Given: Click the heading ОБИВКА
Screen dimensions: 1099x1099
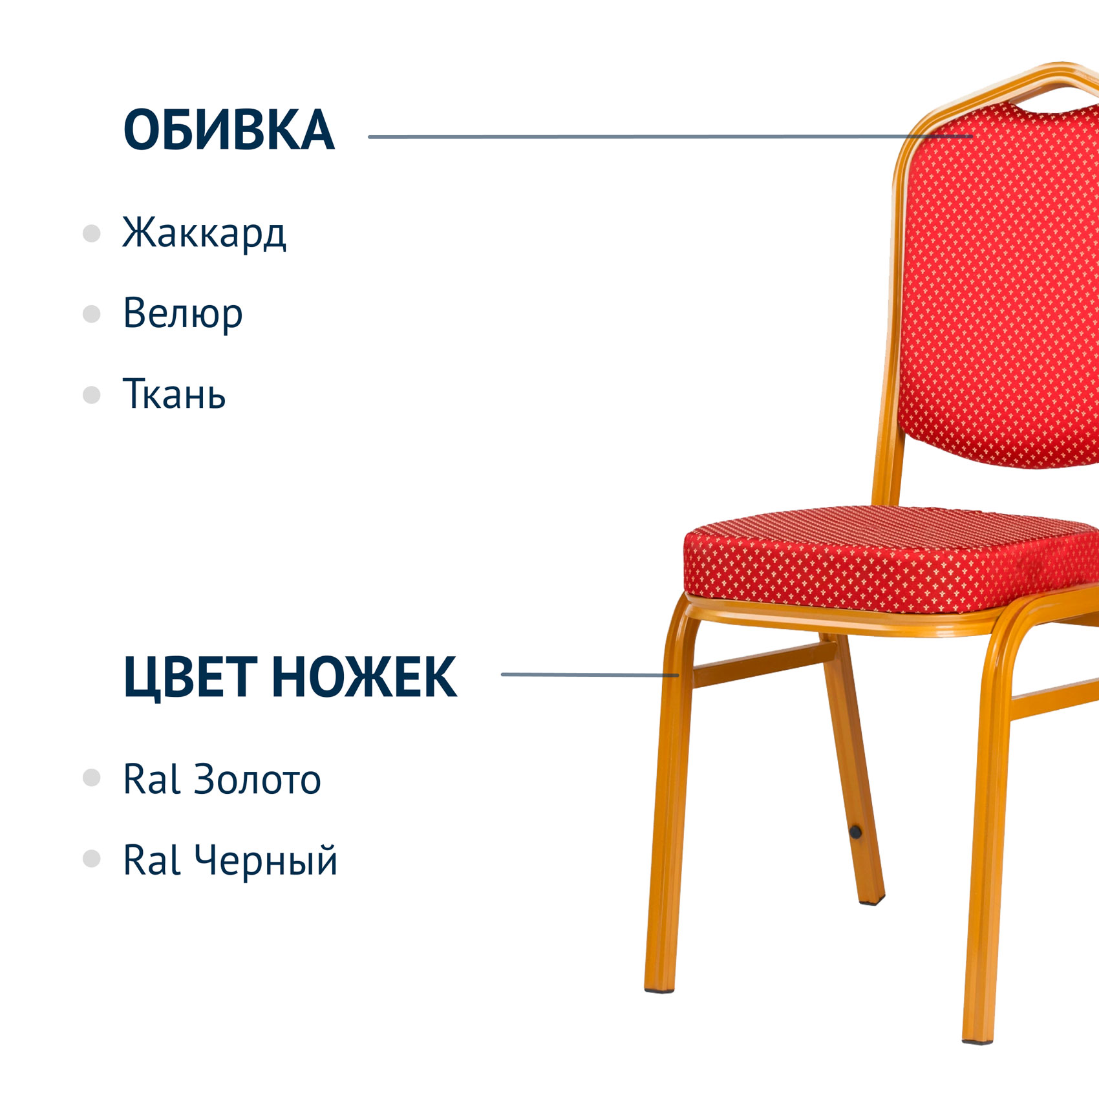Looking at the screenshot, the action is [229, 130].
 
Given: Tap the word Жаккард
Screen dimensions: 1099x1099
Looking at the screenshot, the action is [204, 233].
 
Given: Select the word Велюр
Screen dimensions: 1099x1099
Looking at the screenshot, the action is [183, 314].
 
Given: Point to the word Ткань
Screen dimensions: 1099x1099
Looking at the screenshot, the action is [174, 393].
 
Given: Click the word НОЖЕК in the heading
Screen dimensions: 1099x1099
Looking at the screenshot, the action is [364, 677].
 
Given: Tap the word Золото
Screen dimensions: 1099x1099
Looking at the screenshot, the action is [257, 779].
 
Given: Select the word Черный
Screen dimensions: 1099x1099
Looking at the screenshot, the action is [266, 860].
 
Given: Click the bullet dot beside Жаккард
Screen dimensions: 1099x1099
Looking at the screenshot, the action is [92, 233].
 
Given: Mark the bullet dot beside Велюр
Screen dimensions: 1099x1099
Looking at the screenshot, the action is [92, 314].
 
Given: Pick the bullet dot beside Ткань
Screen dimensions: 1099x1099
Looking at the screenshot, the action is [92, 395].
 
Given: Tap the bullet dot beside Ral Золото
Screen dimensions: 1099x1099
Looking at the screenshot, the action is [92, 778].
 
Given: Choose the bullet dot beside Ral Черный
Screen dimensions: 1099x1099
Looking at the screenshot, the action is [92, 859].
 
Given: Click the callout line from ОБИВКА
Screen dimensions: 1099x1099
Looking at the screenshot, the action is [670, 136].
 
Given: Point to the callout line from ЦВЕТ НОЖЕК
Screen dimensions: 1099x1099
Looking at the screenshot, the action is [590, 674].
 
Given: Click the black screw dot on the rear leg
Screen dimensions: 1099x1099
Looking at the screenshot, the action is [855, 832].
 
